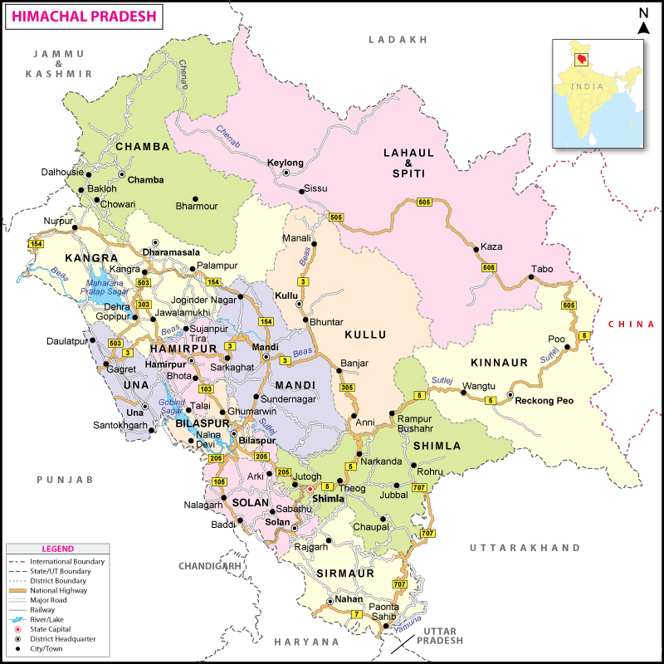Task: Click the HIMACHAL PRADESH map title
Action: pyautogui.click(x=81, y=16)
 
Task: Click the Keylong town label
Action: pyautogui.click(x=285, y=163)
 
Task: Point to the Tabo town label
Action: pyautogui.click(x=541, y=269)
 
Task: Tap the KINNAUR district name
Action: pyautogui.click(x=499, y=364)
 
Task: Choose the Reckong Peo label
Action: pyautogui.click(x=544, y=401)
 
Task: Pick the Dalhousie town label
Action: pyautogui.click(x=62, y=172)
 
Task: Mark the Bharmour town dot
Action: pyautogui.click(x=195, y=198)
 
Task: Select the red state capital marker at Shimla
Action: pyautogui.click(x=310, y=489)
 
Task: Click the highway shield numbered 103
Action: pyautogui.click(x=207, y=388)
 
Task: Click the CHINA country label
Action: pyautogui.click(x=630, y=324)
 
